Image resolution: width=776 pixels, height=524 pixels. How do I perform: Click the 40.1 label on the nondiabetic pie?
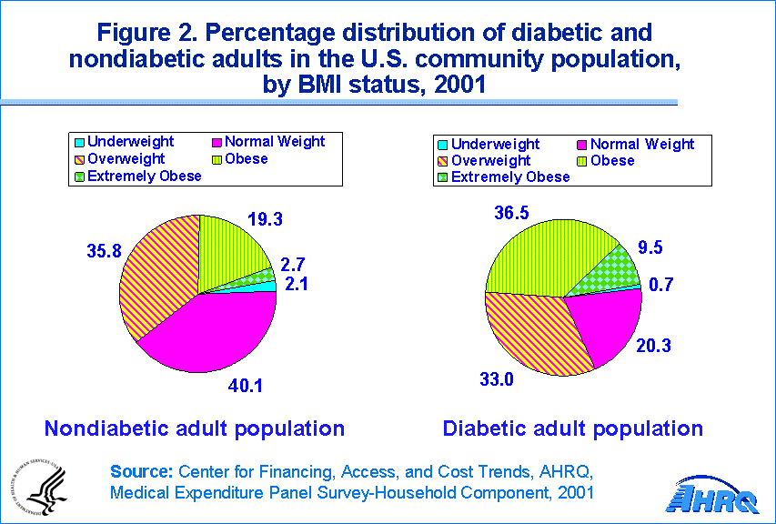pos(245,386)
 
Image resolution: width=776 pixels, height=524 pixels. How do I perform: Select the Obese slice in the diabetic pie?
pos(546,255)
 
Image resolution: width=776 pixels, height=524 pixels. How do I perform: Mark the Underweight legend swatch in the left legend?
pos(80,143)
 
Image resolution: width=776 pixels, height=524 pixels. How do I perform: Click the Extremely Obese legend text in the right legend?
pos(510,177)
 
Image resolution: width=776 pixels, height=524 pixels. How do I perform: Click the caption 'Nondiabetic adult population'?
pos(195,428)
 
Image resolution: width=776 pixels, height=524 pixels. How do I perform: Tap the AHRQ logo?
pos(715,497)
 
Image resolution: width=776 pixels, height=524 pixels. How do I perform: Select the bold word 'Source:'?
pos(142,471)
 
